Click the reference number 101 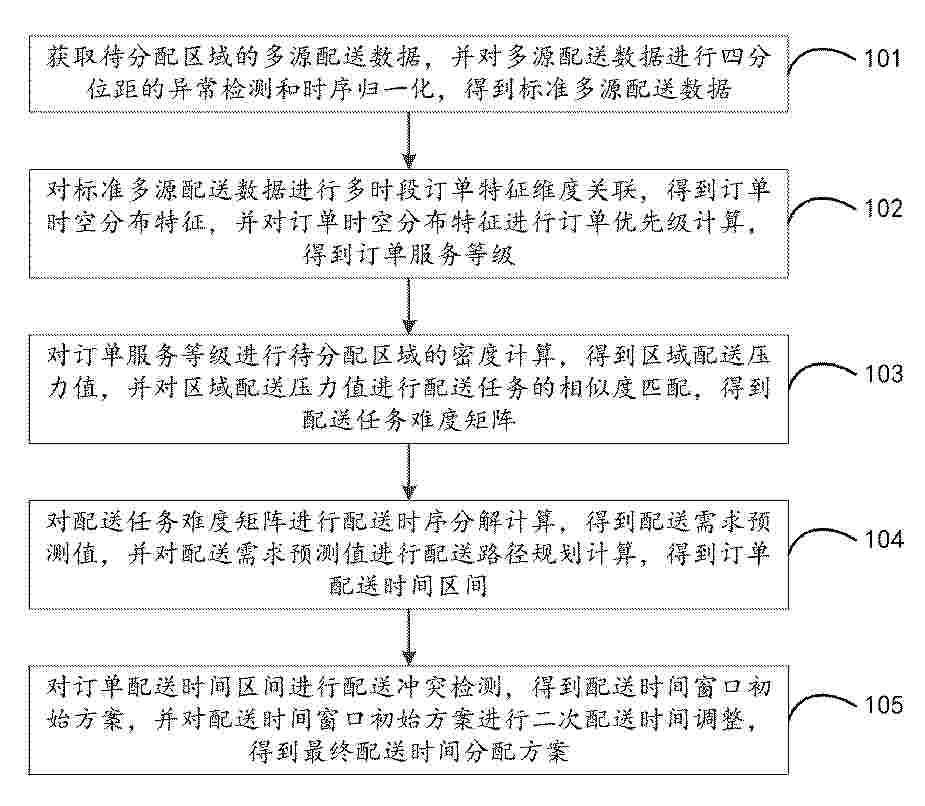(x=883, y=59)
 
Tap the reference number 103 (x=884, y=373)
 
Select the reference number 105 (x=884, y=705)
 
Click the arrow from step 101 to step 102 (x=408, y=140)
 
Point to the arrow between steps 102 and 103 (x=408, y=307)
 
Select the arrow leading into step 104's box (x=408, y=472)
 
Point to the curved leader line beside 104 (x=822, y=538)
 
